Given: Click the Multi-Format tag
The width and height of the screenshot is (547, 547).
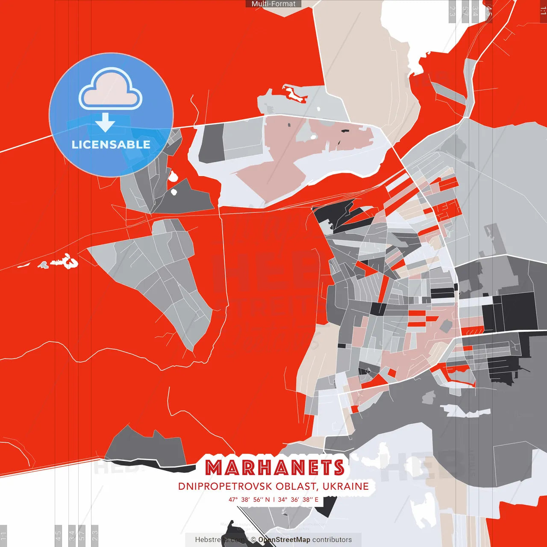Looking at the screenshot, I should [273, 4].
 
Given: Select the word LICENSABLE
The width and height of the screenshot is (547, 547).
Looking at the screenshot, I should [111, 144].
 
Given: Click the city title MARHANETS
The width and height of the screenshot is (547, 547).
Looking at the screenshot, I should [275, 468].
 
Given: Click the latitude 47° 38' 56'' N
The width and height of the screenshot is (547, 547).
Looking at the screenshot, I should [249, 500].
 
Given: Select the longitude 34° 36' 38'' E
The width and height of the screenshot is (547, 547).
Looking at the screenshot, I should [298, 500].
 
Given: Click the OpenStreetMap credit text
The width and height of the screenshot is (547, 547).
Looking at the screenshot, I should [284, 540].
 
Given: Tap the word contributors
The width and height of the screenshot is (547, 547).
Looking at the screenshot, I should [332, 540].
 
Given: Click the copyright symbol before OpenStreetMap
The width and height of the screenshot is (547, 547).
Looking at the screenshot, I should [253, 540].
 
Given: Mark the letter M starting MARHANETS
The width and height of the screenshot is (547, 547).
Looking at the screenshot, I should [214, 468].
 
